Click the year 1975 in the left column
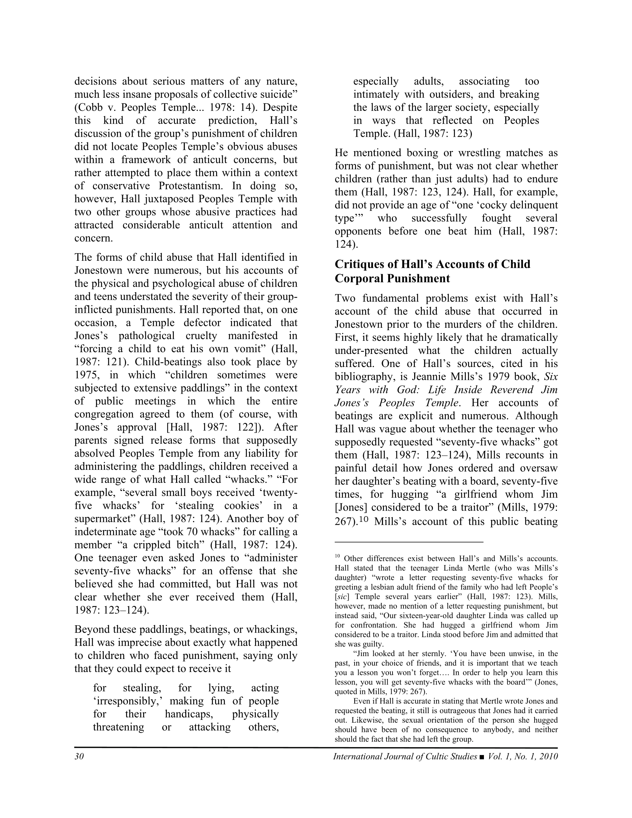click(x=86, y=375)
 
